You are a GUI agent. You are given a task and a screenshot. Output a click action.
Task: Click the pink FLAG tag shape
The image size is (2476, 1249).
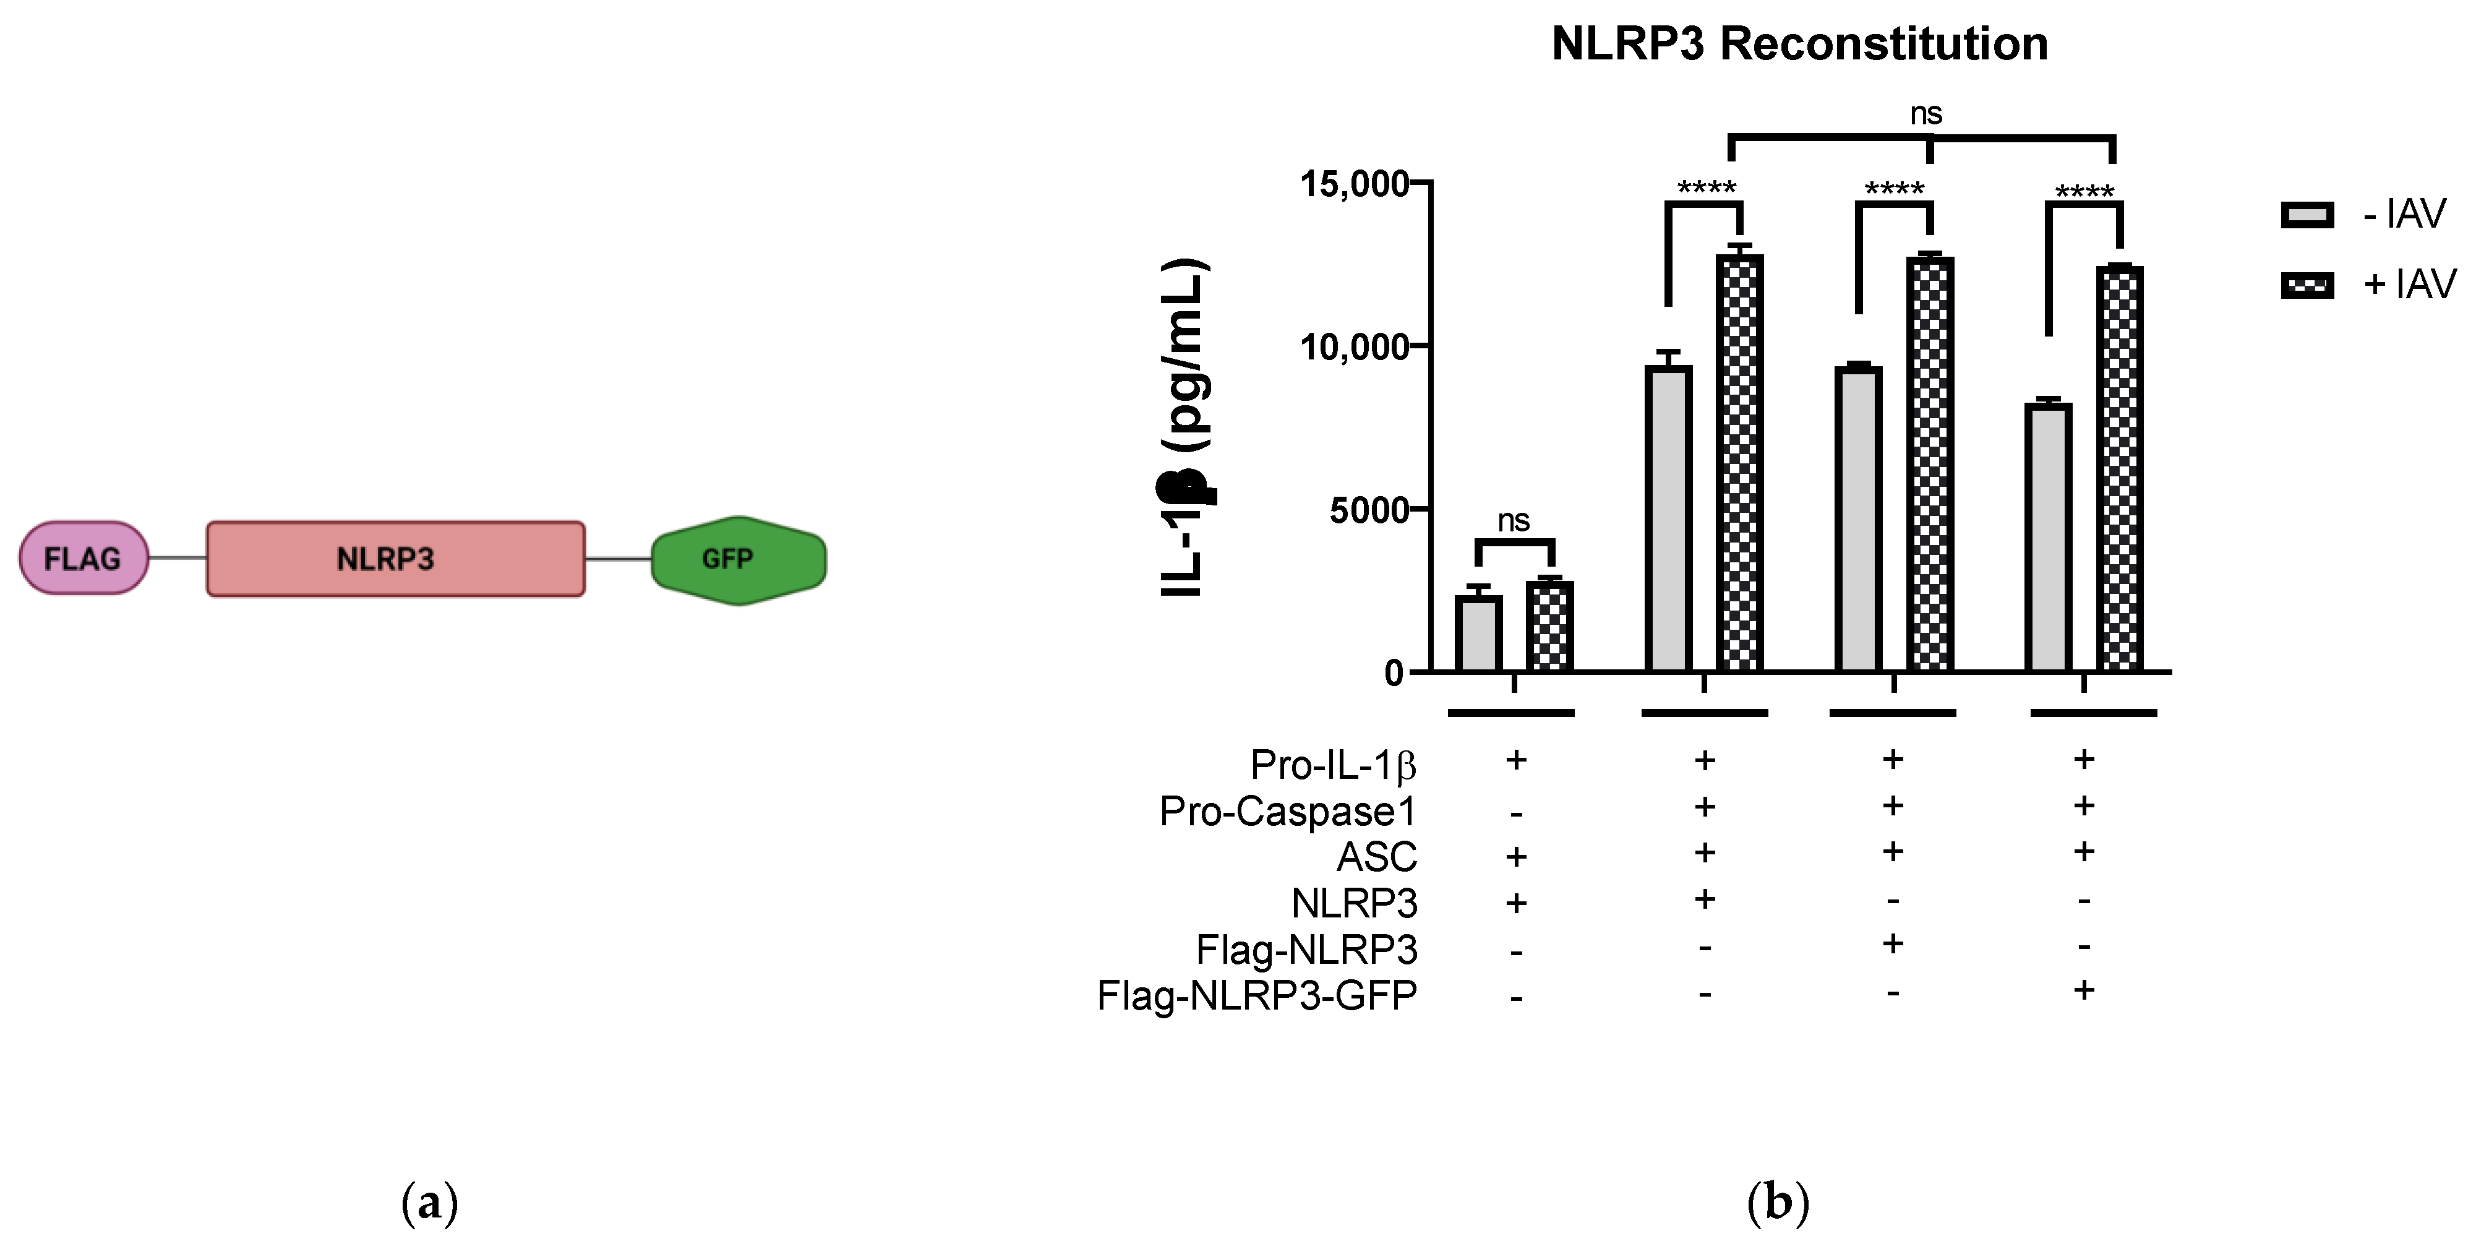pos(84,557)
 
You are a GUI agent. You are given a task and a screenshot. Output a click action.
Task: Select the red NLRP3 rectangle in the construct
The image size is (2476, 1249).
pos(395,559)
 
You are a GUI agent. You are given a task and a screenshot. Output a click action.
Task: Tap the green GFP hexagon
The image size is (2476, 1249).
pos(738,560)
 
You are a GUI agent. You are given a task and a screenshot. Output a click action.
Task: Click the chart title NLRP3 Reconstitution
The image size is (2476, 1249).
pos(1799,44)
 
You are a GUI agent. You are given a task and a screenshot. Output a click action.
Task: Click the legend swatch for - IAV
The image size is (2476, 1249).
pos(2307,215)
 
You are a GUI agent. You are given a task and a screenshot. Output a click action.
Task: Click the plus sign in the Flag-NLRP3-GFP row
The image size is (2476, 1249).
pos(2083,990)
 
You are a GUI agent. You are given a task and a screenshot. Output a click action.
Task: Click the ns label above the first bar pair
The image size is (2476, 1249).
pos(1514,521)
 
